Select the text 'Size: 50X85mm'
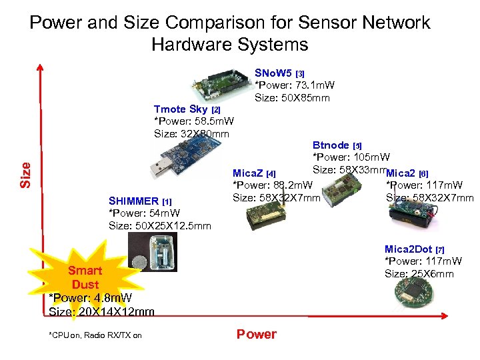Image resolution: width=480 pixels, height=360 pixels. [292, 98]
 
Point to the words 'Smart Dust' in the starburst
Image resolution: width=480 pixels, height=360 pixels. [85, 277]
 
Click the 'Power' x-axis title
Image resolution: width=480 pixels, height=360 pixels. [256, 334]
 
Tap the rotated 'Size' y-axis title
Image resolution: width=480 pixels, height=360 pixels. [25, 175]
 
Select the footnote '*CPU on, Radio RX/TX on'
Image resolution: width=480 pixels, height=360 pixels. [95, 335]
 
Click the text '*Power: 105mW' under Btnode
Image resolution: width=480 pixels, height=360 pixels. [351, 157]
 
